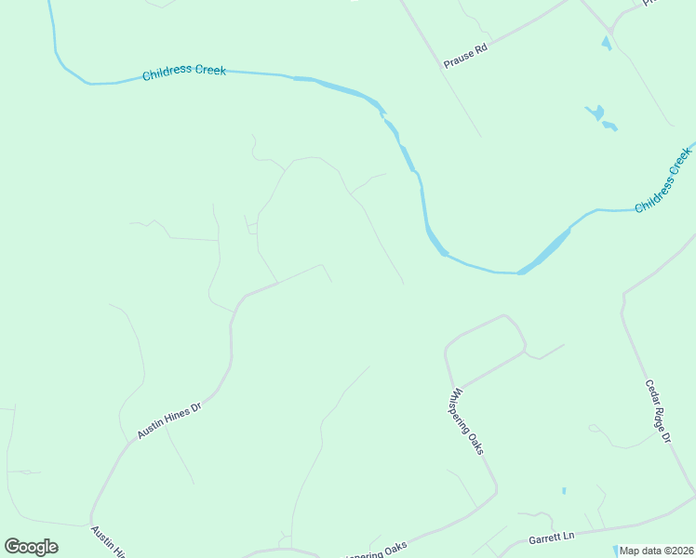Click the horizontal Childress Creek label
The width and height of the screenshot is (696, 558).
click(x=184, y=72)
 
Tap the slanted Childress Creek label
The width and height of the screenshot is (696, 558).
click(x=663, y=179)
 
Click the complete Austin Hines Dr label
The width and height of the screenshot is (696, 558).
click(x=169, y=420)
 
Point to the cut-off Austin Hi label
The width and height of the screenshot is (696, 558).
click(x=107, y=541)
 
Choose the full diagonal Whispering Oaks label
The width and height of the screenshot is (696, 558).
click(x=468, y=421)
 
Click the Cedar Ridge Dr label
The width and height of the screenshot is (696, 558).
click(x=658, y=410)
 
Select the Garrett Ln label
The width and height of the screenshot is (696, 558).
click(x=552, y=538)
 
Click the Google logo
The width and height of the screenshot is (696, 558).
click(x=31, y=547)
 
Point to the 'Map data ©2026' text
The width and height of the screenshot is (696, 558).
click(x=656, y=551)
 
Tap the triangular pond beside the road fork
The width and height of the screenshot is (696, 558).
click(x=607, y=43)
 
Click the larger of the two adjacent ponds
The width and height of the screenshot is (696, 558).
click(x=595, y=113)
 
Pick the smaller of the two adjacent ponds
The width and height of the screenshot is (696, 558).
click(x=609, y=126)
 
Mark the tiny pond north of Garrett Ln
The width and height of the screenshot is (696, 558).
click(x=564, y=490)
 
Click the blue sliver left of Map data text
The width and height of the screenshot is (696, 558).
click(x=615, y=550)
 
